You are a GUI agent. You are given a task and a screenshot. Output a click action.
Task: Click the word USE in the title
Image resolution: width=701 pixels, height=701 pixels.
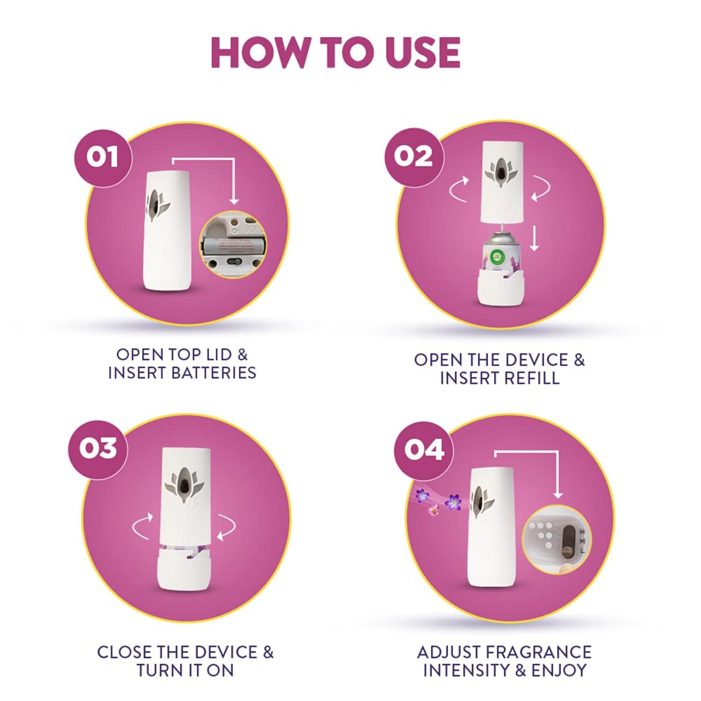pyautogui.click(x=423, y=52)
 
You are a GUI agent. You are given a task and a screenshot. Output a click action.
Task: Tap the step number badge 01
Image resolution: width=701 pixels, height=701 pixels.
pyautogui.click(x=102, y=157)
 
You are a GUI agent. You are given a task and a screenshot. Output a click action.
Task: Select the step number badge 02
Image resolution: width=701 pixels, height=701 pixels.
pyautogui.click(x=413, y=156)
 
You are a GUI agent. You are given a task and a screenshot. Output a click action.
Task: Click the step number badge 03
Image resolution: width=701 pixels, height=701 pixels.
pyautogui.click(x=98, y=449)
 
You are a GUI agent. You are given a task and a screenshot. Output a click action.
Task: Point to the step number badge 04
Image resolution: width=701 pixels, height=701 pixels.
pyautogui.click(x=423, y=450)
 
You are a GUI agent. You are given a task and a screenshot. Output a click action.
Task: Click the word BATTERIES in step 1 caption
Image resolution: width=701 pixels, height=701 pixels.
pyautogui.click(x=215, y=373)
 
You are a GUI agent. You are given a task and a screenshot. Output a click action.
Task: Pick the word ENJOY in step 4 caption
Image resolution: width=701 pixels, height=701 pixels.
pyautogui.click(x=559, y=670)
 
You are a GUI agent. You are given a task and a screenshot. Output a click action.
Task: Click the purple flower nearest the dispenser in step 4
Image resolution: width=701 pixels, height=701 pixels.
pyautogui.click(x=453, y=502)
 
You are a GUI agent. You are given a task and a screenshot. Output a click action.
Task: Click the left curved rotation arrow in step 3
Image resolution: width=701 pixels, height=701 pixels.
pyautogui.click(x=143, y=526)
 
